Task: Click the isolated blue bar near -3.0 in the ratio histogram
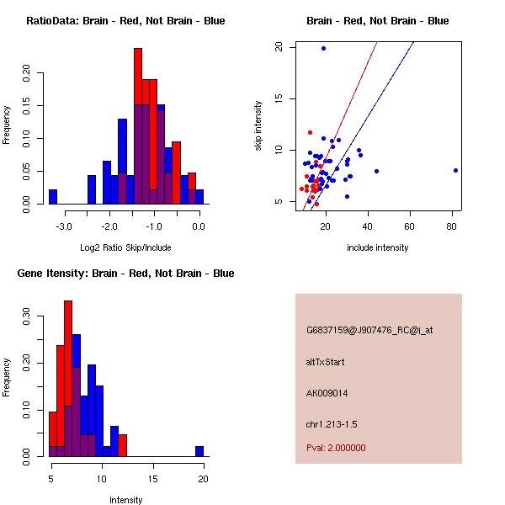pyautogui.click(x=53, y=196)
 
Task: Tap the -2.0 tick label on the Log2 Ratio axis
pyautogui.click(x=109, y=226)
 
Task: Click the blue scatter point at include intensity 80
pyautogui.click(x=455, y=170)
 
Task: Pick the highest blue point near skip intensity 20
pyautogui.click(x=323, y=48)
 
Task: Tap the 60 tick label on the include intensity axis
pyautogui.click(x=410, y=226)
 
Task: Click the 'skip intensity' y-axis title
pyautogui.click(x=258, y=126)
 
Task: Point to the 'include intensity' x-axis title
pyautogui.click(x=377, y=247)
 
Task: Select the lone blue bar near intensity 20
pyautogui.click(x=199, y=451)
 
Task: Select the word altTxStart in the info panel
pyautogui.click(x=326, y=362)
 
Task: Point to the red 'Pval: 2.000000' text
pyautogui.click(x=336, y=448)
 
